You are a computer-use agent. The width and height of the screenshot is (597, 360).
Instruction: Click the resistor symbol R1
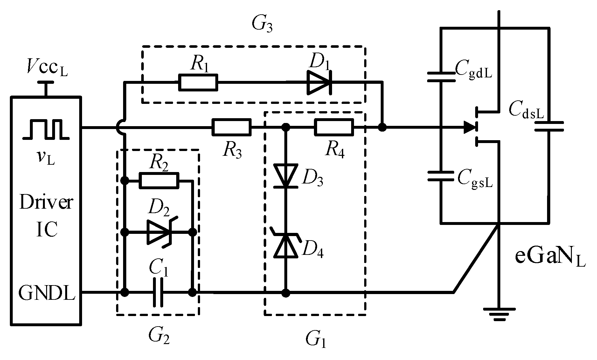point(198,83)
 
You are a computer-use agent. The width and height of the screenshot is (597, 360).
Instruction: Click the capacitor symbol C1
point(158,292)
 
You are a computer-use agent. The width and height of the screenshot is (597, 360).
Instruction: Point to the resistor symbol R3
point(231,127)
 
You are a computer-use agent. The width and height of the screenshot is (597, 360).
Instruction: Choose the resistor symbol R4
point(334,127)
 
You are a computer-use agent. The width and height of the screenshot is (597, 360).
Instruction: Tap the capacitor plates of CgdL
point(441,77)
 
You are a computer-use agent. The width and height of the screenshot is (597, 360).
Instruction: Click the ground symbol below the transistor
point(499,313)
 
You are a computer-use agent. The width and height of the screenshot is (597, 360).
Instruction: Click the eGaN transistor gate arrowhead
point(470,128)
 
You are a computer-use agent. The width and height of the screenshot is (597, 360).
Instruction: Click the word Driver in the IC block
point(46,203)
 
